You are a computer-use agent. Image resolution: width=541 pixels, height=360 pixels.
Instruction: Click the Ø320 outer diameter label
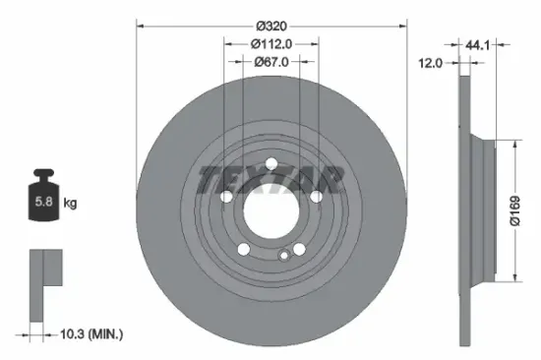[x=270, y=25]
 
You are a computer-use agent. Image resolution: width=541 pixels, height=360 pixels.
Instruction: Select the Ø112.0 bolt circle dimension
[x=270, y=43]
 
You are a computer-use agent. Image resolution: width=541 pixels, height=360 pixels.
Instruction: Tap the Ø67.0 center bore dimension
[x=270, y=61]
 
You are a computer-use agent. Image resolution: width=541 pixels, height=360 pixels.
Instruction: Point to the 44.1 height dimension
[x=480, y=43]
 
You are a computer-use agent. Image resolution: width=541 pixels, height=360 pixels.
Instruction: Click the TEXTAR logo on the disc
[x=271, y=181]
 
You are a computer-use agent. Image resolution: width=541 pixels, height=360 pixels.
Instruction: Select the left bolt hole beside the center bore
[x=225, y=199]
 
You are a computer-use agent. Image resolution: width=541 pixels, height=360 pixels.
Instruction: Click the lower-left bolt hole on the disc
[x=243, y=250]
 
